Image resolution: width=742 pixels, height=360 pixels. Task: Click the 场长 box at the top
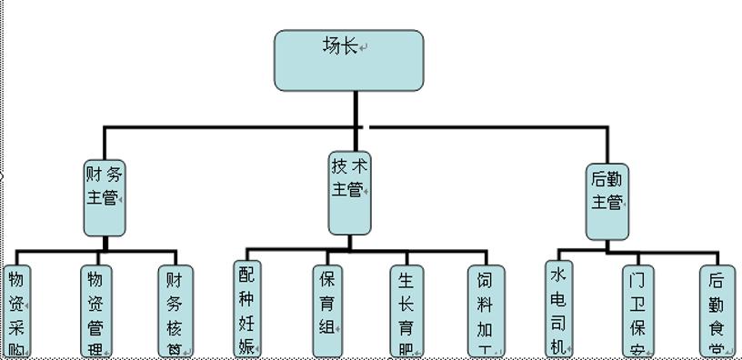coord(349,61)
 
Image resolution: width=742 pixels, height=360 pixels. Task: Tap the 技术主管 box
coord(350,191)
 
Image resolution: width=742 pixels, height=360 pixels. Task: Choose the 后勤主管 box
coord(607,202)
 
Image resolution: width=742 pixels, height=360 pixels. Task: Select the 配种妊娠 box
coord(246,309)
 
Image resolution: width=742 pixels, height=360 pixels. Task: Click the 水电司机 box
coord(560,309)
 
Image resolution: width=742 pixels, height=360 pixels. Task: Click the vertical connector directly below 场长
coord(356,108)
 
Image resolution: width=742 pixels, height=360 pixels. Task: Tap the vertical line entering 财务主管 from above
coord(105,143)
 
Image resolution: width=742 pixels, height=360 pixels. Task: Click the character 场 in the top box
coord(332,45)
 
